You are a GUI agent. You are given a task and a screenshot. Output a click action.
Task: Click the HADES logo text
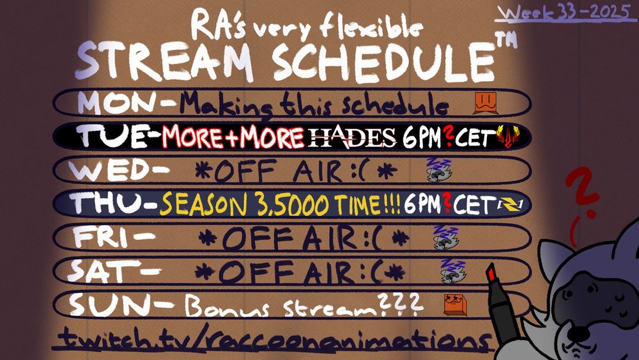[353, 136]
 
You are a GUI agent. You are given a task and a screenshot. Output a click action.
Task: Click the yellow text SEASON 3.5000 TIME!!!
[280, 204]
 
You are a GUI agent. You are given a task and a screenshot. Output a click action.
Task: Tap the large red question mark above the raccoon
[581, 192]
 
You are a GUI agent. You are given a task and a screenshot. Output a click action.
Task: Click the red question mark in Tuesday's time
[450, 136]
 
